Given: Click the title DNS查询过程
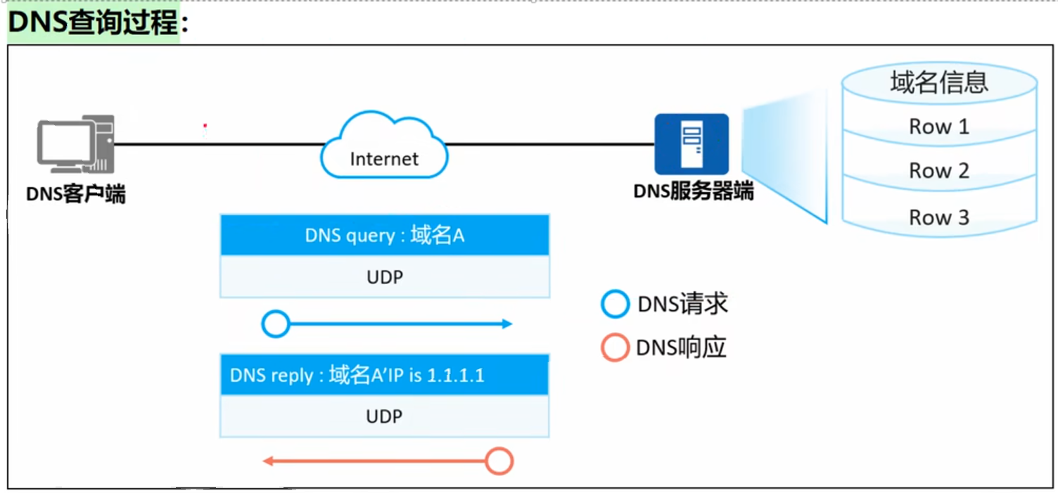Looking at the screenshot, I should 98,23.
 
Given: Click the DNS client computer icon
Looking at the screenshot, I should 76,145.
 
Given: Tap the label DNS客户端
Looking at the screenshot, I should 76,193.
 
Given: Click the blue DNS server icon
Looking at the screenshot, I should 691,144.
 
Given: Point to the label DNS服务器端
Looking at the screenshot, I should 693,191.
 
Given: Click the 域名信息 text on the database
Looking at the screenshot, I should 938,82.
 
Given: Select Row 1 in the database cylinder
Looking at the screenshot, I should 938,127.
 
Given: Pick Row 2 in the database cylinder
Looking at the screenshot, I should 938,171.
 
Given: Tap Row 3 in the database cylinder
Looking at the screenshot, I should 938,217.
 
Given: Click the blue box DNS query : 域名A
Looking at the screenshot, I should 384,235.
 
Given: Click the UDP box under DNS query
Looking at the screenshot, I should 384,277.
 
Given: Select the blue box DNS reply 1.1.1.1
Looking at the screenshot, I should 384,375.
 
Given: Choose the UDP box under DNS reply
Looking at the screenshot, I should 384,416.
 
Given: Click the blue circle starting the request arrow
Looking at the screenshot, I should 275,324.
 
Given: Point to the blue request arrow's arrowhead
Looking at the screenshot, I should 506,324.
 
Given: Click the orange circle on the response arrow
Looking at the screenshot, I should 499,461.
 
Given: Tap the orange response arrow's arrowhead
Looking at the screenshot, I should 268,461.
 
